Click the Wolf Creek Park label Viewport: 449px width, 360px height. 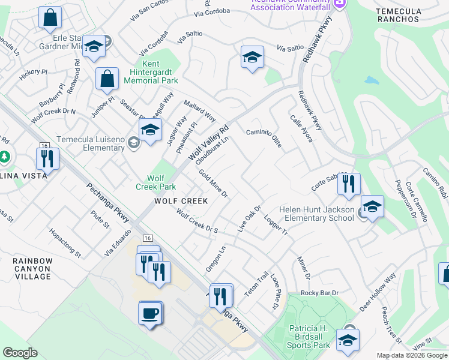pos(156,182)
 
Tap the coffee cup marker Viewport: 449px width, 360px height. pos(151,313)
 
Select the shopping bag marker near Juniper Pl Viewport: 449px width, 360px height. pos(107,78)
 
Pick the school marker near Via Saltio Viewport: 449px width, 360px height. pos(253,58)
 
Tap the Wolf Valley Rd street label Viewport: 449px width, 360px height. pos(209,143)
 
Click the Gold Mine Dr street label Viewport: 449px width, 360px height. pos(214,184)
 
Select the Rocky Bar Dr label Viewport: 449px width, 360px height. pos(320,293)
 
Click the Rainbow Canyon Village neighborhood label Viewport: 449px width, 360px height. pos(33,268)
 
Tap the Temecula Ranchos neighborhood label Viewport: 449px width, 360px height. pos(397,15)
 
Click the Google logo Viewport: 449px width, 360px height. pos(20,353)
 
